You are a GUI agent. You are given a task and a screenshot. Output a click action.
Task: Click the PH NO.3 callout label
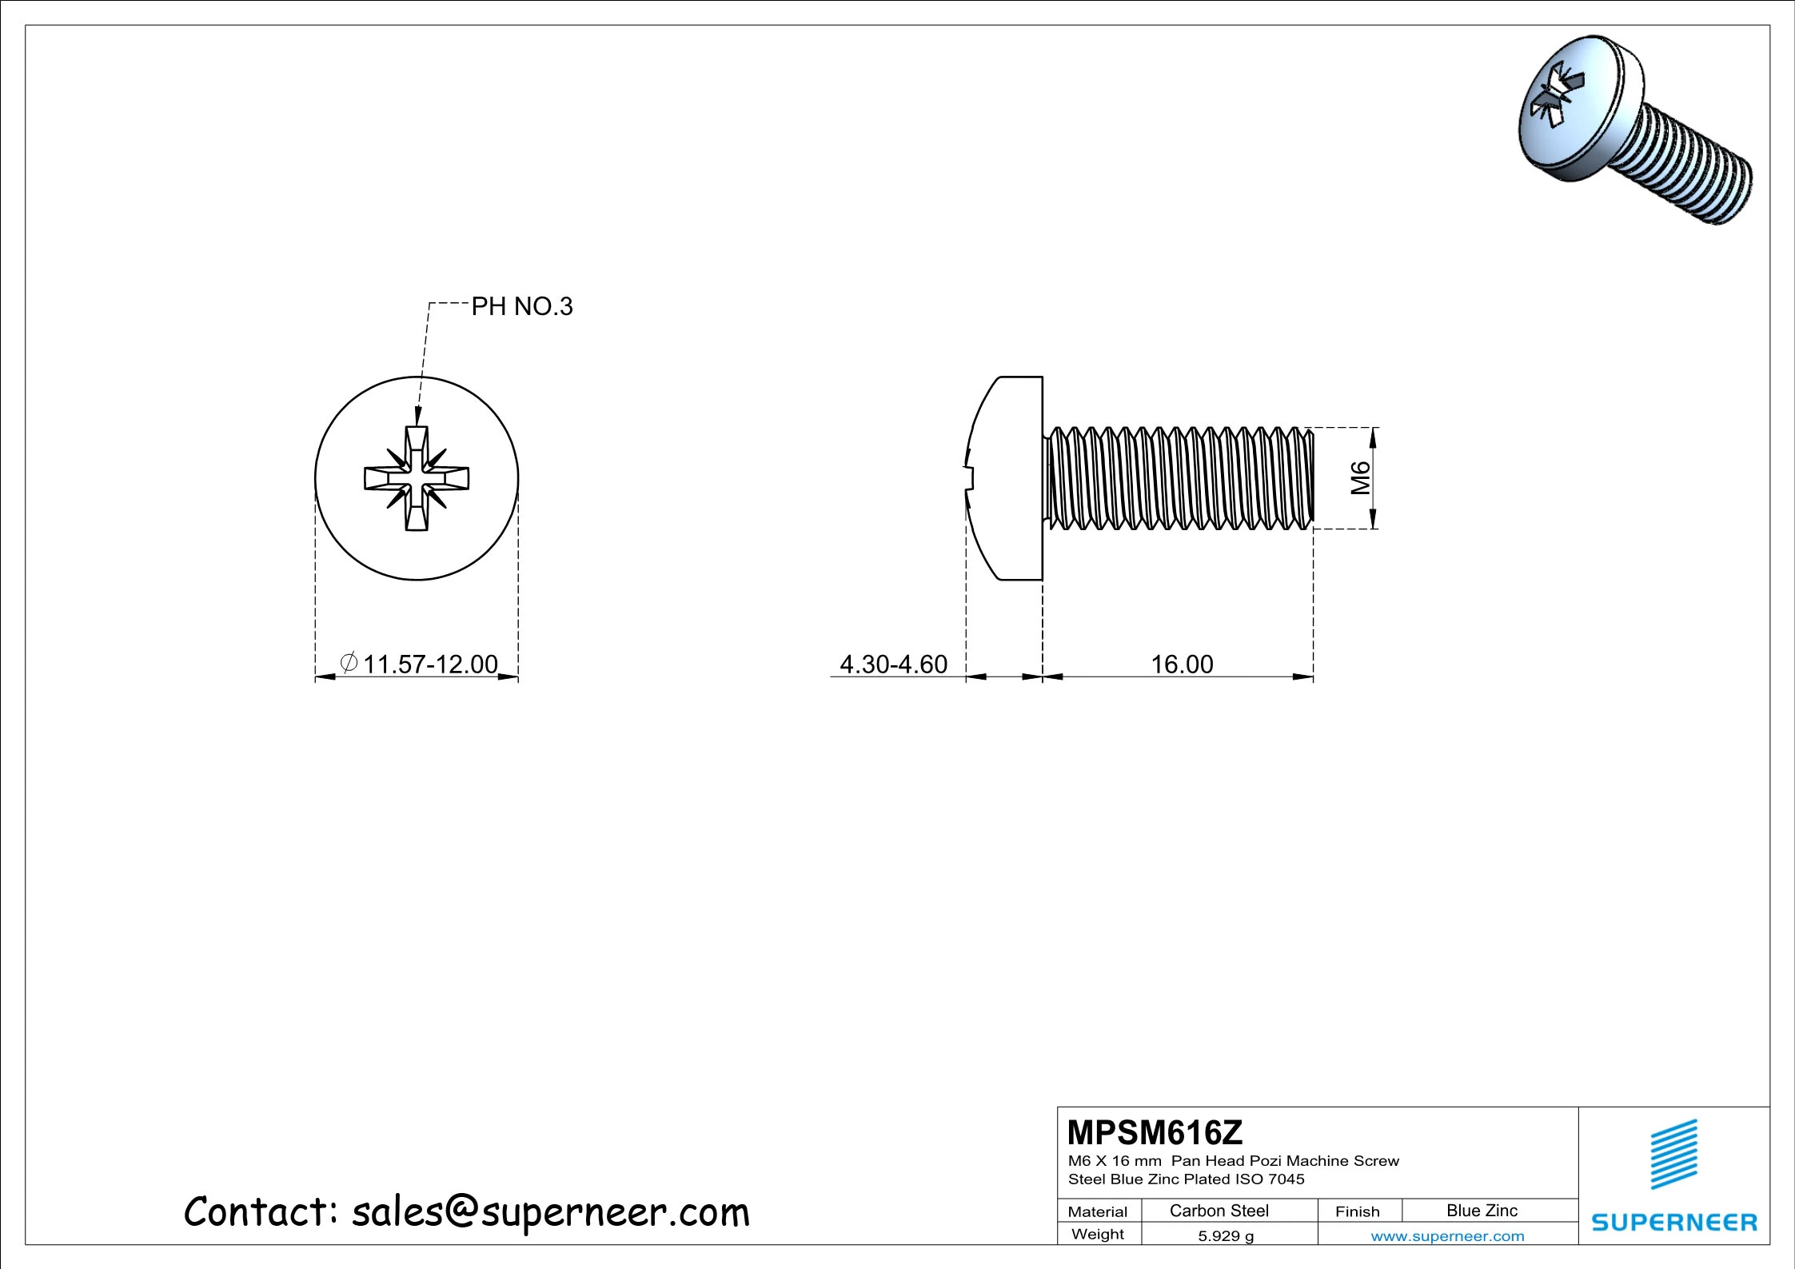(x=522, y=306)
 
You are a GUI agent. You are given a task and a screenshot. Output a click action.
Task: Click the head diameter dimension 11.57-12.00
(x=430, y=664)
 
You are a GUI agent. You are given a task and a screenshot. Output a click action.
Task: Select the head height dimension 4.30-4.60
(x=893, y=664)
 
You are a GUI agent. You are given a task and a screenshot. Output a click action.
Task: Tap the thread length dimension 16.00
(x=1182, y=664)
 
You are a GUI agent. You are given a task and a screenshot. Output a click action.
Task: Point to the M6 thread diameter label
(x=1360, y=478)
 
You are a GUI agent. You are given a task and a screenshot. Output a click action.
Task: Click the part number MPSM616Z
(x=1155, y=1132)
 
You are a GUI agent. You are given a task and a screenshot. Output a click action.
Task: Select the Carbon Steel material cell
(x=1219, y=1211)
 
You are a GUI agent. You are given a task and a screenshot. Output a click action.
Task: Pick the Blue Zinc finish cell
(x=1482, y=1211)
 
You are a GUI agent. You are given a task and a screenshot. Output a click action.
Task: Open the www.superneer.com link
(x=1447, y=1236)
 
